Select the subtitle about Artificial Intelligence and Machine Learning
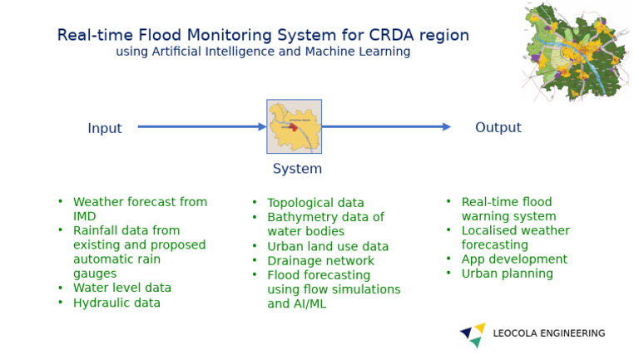tap(262, 52)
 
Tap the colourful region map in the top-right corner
tap(575, 51)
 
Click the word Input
tap(105, 128)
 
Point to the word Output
tap(498, 127)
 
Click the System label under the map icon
tap(297, 169)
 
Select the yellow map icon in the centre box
tap(294, 126)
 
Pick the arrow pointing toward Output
tap(386, 127)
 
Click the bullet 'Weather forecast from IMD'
tap(139, 202)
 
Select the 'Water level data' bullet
tap(121, 288)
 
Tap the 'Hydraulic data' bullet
tap(116, 303)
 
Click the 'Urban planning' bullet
tap(507, 274)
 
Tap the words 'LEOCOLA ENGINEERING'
tap(548, 333)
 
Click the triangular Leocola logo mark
tap(473, 334)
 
